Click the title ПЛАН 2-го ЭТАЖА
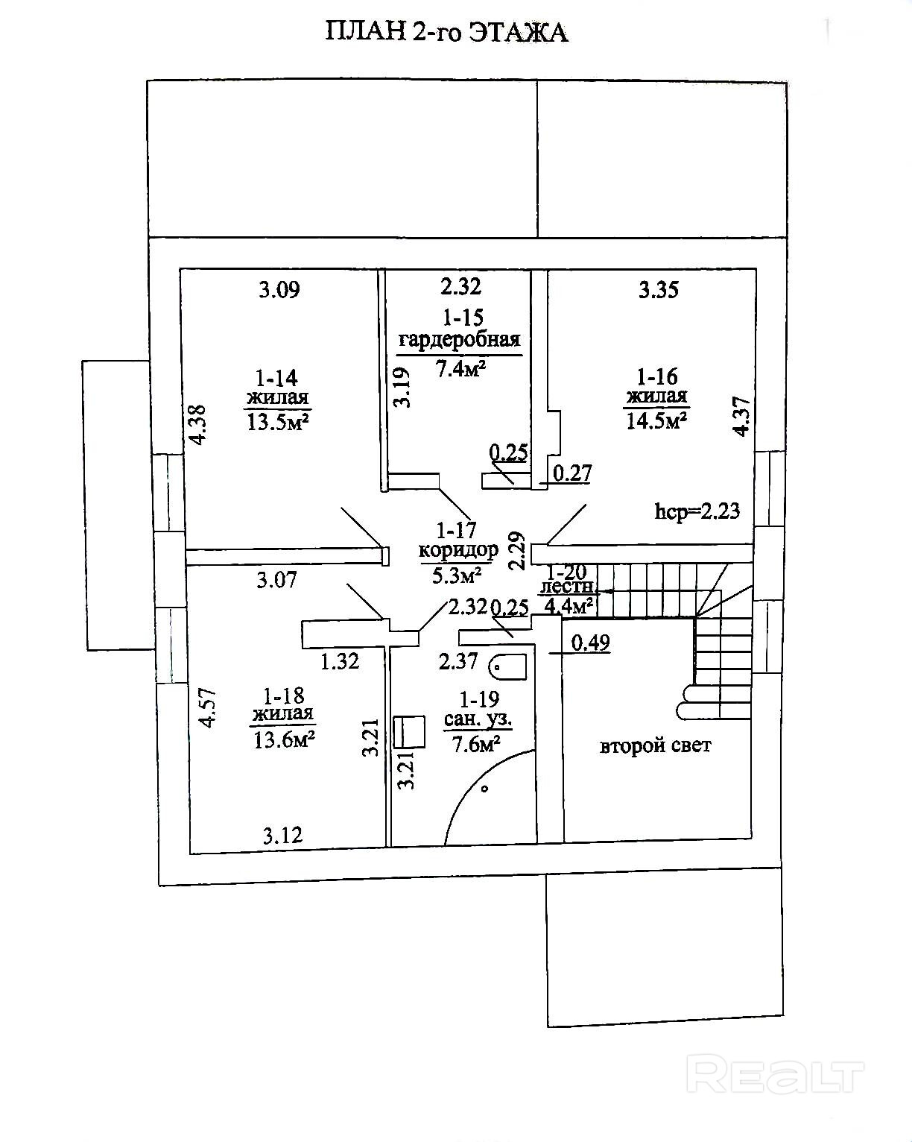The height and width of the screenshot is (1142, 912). (446, 32)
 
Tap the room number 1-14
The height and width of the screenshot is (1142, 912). (278, 377)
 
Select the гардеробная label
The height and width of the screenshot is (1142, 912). (459, 340)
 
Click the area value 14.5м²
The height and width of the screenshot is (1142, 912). (656, 421)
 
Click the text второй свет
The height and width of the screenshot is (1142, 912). (655, 745)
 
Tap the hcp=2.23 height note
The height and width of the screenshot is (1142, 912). (697, 511)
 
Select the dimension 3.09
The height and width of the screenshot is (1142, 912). (279, 289)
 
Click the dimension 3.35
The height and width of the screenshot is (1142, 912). (659, 289)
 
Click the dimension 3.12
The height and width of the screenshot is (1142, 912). (283, 835)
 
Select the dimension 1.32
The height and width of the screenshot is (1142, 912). (340, 660)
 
